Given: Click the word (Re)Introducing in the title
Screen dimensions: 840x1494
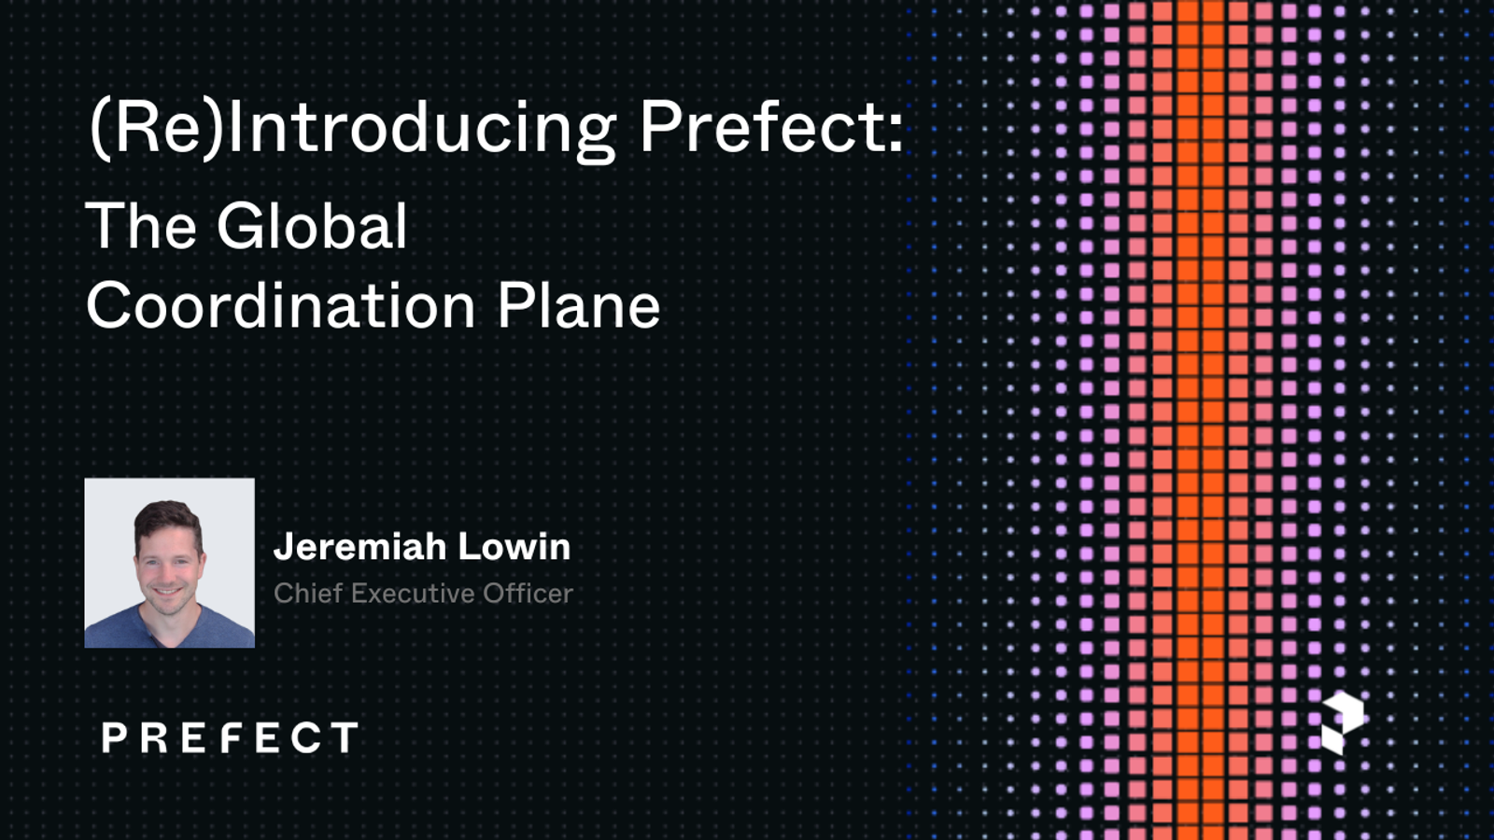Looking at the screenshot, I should coord(352,128).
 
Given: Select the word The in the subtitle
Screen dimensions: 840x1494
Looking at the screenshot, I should coord(142,226).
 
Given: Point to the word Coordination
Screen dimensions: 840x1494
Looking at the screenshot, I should coord(281,306).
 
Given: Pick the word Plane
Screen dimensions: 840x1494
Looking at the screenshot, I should coord(578,306).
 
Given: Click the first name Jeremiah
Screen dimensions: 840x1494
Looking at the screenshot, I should coord(359,547).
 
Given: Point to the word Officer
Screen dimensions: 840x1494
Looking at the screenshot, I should coord(528,594).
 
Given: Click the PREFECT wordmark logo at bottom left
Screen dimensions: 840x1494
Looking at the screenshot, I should coord(230,737).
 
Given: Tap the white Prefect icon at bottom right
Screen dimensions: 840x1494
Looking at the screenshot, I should coord(1342,722).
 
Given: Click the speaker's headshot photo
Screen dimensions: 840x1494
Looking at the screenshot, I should coord(169,563).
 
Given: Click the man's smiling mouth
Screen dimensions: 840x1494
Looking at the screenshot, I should coord(168,591).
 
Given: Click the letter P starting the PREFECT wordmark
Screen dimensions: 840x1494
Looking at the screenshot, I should coord(114,738).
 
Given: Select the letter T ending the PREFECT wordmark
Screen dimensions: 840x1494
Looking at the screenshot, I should coord(344,737).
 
